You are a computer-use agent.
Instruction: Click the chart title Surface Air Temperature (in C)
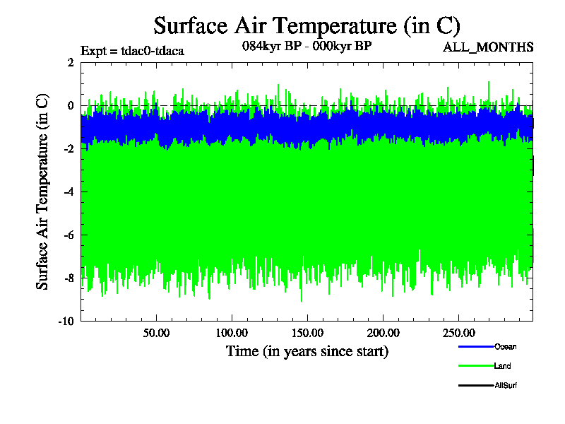click(x=307, y=26)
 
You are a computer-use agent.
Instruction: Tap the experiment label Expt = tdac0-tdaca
click(x=132, y=51)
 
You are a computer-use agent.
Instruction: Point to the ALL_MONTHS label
click(x=487, y=48)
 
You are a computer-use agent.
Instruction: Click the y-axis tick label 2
click(x=71, y=63)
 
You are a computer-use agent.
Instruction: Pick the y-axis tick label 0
click(x=71, y=106)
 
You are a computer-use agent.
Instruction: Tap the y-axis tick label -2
click(x=69, y=149)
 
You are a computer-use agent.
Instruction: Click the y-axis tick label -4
click(x=69, y=192)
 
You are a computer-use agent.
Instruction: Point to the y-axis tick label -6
click(x=69, y=235)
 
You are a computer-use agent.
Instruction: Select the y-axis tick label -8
click(x=69, y=278)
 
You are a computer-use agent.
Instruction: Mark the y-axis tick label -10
click(x=66, y=322)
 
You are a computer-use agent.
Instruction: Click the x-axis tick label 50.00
click(x=155, y=333)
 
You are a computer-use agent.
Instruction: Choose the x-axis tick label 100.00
click(x=231, y=333)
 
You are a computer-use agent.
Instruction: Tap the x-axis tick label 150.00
click(x=307, y=333)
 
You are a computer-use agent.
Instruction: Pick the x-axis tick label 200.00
click(x=382, y=333)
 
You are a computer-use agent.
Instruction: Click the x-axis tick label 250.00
click(x=458, y=333)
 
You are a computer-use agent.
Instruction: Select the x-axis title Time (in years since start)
click(x=307, y=351)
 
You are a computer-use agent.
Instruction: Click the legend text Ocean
click(x=506, y=346)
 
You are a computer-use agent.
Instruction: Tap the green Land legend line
click(x=475, y=366)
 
